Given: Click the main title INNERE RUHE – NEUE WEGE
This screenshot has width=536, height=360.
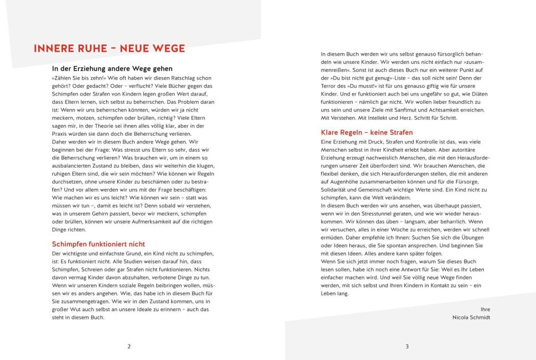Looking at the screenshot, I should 109,49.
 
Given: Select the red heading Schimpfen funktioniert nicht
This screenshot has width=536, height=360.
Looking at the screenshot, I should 98,244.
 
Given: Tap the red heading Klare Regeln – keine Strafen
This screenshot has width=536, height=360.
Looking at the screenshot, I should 367,133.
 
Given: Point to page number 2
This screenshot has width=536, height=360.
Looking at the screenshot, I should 129,346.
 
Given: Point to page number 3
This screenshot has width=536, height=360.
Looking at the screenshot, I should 407,346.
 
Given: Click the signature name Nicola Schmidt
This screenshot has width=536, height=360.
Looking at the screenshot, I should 471,318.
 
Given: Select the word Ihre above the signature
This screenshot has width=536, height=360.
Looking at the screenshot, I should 485,308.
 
